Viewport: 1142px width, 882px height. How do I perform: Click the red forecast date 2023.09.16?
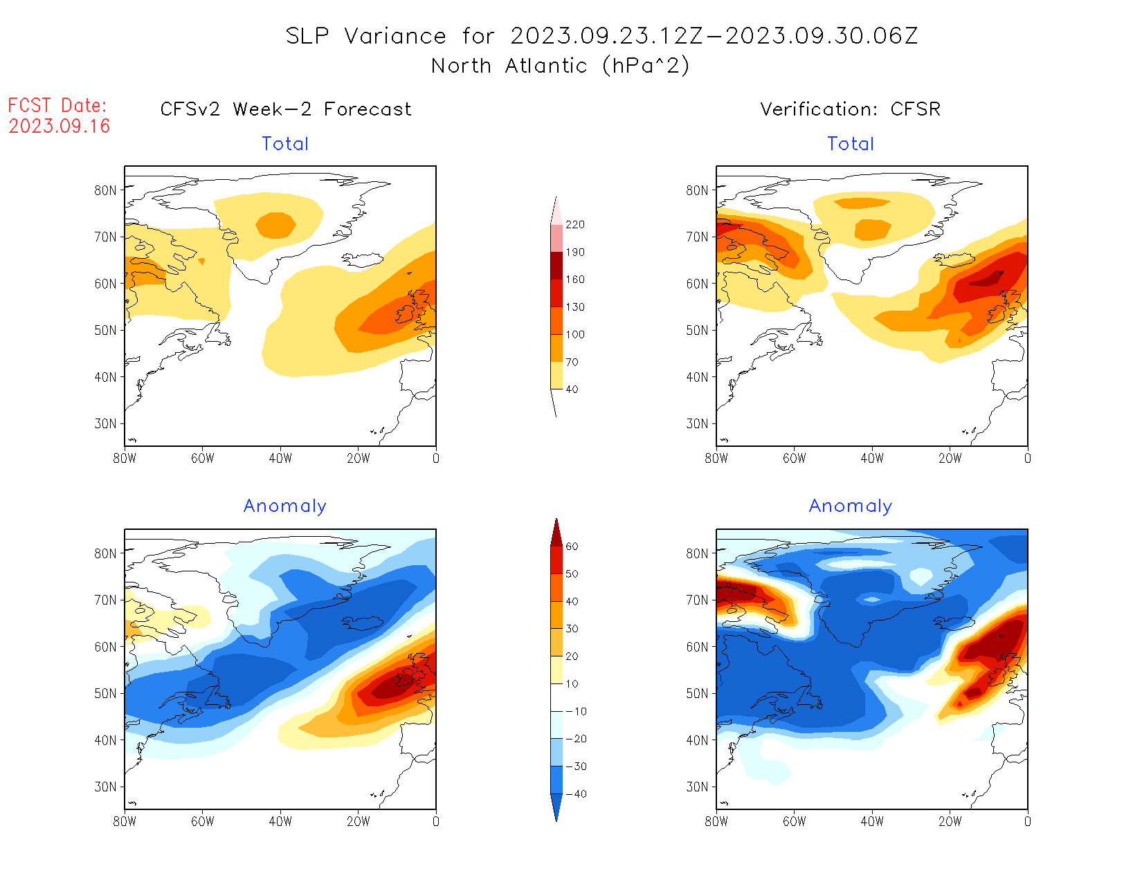[x=59, y=126]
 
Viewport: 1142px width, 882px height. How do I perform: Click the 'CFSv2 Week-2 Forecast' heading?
[x=285, y=109]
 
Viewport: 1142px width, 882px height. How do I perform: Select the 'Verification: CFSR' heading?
[x=850, y=109]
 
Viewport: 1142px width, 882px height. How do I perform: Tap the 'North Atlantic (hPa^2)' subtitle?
[x=560, y=66]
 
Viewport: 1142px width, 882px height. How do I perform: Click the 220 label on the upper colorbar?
[x=574, y=225]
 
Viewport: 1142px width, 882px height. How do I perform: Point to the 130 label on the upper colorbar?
[x=574, y=307]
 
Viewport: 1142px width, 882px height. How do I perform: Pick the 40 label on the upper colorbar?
[x=572, y=389]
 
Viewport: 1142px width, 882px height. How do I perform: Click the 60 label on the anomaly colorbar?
[x=572, y=546]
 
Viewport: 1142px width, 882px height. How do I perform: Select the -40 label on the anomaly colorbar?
[x=576, y=794]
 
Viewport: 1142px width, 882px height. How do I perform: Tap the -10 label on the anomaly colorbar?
[x=576, y=711]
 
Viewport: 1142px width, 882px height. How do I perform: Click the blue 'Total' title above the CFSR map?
[x=851, y=144]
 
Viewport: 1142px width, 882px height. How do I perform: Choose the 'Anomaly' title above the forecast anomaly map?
[x=284, y=506]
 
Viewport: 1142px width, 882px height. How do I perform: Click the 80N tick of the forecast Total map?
[x=106, y=190]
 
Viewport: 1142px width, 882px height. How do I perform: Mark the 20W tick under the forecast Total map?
[x=358, y=458]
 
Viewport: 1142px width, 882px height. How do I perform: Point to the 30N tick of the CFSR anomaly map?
[x=698, y=787]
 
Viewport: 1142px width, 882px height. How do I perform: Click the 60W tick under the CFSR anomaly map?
[x=794, y=821]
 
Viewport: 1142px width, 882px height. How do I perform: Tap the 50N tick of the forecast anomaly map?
[x=106, y=693]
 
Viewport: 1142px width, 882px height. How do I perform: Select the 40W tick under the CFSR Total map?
[x=872, y=458]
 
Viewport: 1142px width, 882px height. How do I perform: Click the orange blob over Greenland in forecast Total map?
[x=275, y=225]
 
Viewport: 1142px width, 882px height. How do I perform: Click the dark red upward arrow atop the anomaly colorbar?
[x=556, y=531]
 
